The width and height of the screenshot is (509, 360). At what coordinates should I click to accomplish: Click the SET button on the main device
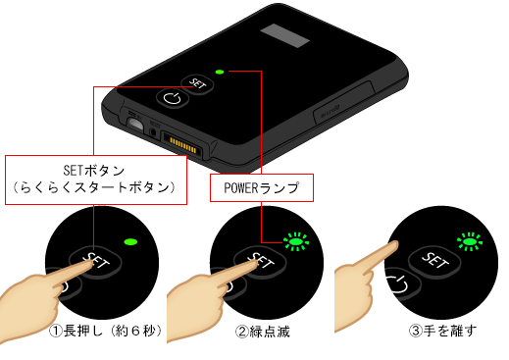197,83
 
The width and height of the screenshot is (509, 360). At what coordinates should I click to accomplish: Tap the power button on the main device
173,98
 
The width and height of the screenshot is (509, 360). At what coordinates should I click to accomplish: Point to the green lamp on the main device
220,72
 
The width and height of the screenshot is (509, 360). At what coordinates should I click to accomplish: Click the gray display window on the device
284,35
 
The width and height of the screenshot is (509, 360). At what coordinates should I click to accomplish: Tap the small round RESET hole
153,131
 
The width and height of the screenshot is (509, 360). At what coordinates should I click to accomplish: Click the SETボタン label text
94,171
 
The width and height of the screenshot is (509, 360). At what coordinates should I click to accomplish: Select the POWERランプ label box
262,187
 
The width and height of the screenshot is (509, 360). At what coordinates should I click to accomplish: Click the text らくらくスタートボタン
94,187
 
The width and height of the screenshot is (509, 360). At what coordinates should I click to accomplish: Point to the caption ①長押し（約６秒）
106,331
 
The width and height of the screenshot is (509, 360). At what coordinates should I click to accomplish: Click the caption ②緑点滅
263,332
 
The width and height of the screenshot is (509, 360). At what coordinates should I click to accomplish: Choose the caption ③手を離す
443,331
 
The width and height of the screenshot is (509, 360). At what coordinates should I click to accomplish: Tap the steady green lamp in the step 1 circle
130,242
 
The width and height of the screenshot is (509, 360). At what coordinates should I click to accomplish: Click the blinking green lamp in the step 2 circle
296,242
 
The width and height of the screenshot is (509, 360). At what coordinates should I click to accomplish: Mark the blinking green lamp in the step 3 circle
470,242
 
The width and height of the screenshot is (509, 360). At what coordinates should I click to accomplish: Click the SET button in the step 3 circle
435,260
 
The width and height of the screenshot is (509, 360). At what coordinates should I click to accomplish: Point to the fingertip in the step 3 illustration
394,245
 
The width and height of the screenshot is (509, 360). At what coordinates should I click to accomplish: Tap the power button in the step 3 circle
400,283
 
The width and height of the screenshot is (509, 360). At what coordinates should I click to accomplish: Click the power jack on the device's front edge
135,124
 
